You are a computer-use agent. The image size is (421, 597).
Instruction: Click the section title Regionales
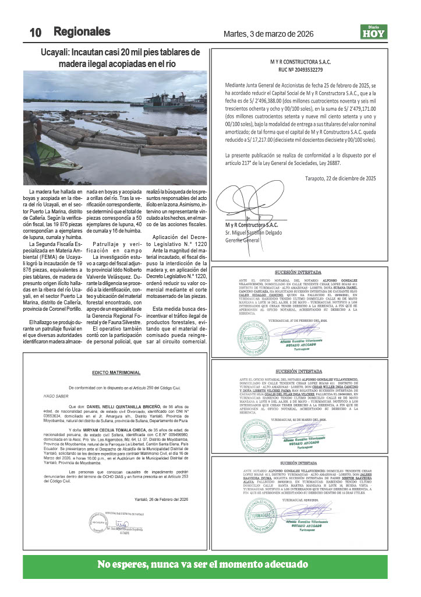tap(82, 31)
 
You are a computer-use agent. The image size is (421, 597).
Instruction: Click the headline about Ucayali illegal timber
tap(116, 57)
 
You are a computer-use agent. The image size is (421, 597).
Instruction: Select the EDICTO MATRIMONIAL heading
tap(116, 356)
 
